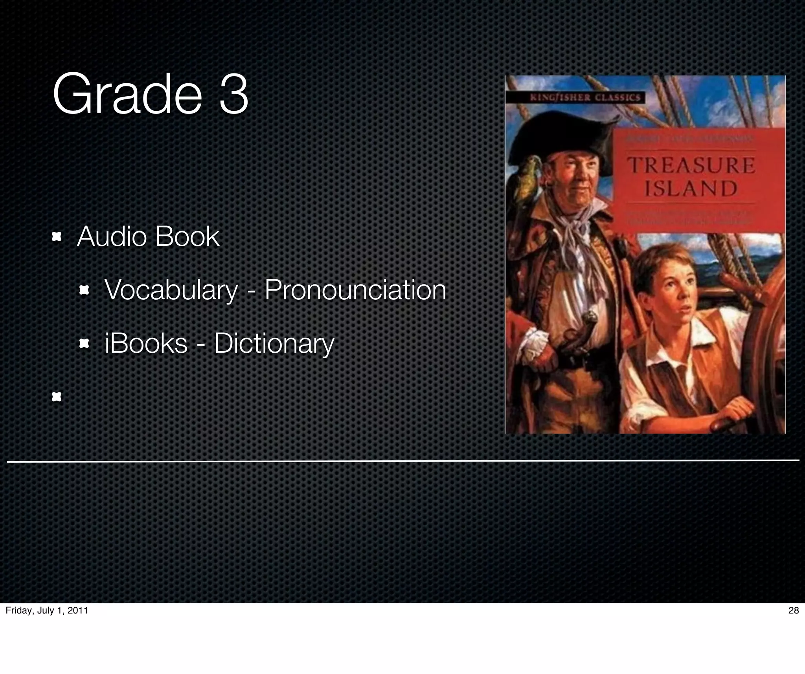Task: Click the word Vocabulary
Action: [x=171, y=291]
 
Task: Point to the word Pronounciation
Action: [x=355, y=291]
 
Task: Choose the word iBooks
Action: [x=146, y=343]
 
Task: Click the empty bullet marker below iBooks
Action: [x=57, y=397]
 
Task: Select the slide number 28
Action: [x=794, y=610]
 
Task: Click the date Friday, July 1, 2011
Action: [x=47, y=610]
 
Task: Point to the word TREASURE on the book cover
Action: [x=692, y=165]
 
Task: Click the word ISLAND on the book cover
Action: [x=691, y=189]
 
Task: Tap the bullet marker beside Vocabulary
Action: [x=84, y=291]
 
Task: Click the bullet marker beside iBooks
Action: [x=84, y=344]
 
